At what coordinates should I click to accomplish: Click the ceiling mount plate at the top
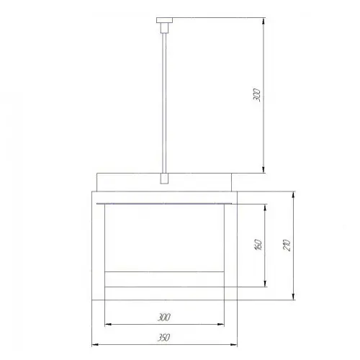pyautogui.click(x=165, y=20)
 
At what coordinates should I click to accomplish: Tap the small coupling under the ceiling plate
pyautogui.click(x=164, y=28)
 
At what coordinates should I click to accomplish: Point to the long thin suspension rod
pyautogui.click(x=164, y=103)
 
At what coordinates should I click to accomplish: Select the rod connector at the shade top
pyautogui.click(x=164, y=179)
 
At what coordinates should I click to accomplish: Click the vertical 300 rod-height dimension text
pyautogui.click(x=257, y=95)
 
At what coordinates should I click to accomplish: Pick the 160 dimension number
pyautogui.click(x=258, y=245)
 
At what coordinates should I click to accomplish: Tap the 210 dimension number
pyautogui.click(x=287, y=245)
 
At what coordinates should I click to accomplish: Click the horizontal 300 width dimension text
pyautogui.click(x=164, y=318)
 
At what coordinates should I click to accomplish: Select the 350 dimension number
pyautogui.click(x=164, y=338)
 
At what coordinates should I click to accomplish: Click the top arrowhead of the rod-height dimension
pyautogui.click(x=264, y=21)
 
